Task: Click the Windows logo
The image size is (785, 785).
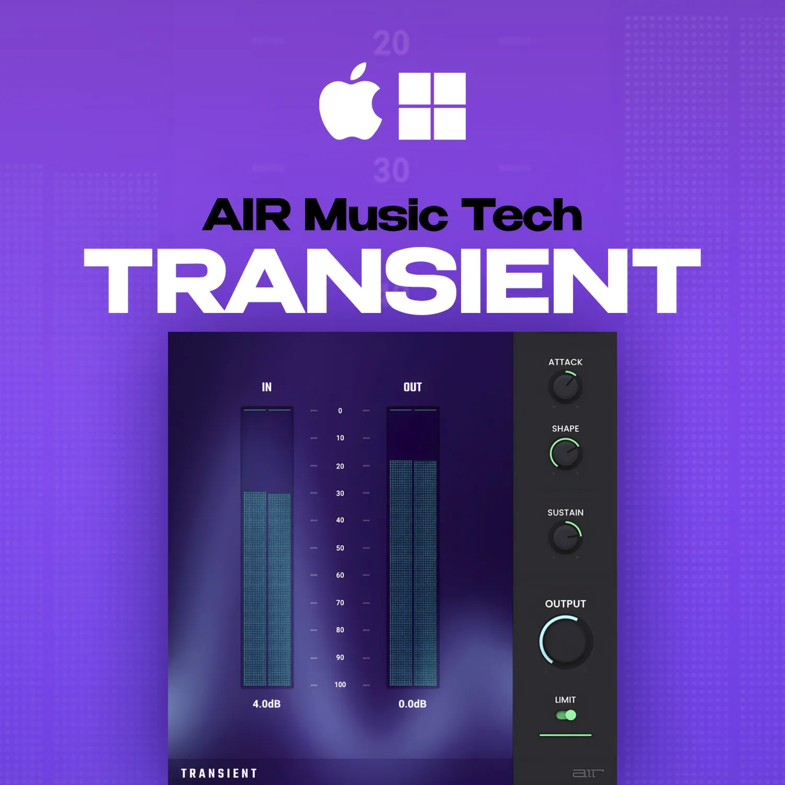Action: coord(432,106)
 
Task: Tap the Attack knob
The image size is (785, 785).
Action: coord(565,387)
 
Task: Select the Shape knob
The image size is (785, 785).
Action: coord(565,454)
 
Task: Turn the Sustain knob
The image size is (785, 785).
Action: coord(565,537)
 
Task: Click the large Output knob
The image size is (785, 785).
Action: coord(566,642)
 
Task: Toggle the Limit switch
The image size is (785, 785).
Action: coord(566,715)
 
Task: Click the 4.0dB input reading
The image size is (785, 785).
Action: coord(266,704)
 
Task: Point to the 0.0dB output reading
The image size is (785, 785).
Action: coord(412,704)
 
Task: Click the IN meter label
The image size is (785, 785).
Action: coord(266,387)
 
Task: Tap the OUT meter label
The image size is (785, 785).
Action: coord(412,387)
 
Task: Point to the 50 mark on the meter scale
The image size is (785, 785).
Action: coord(340,548)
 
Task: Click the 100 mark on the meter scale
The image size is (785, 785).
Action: coord(340,685)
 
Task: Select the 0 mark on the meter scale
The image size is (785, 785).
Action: coord(340,411)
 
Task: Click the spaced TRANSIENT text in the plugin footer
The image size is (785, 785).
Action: coord(219,773)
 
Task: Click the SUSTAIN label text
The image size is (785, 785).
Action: coord(565,513)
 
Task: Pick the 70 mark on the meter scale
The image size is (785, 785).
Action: coord(340,603)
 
